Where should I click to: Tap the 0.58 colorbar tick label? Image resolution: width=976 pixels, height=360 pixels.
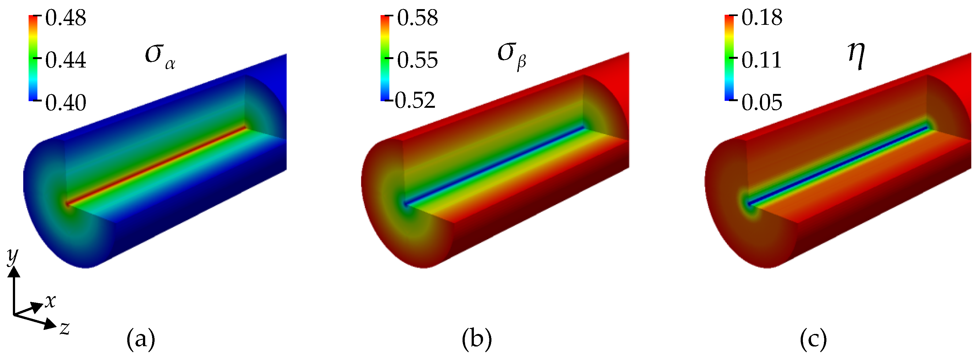pos(417,18)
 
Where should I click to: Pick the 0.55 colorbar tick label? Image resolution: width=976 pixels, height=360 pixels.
pos(417,60)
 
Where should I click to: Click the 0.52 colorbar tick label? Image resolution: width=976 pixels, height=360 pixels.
pos(415,101)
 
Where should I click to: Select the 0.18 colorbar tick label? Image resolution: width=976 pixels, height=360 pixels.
pos(762,18)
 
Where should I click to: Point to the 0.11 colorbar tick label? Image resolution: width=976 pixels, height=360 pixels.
pos(762,60)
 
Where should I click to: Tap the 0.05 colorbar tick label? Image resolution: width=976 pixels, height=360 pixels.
pos(762,102)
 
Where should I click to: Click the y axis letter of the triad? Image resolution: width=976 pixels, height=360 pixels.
pos(13,257)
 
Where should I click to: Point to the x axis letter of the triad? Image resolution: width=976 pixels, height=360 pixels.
pos(50,301)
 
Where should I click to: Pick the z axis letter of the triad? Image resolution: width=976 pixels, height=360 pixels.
pos(65,328)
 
